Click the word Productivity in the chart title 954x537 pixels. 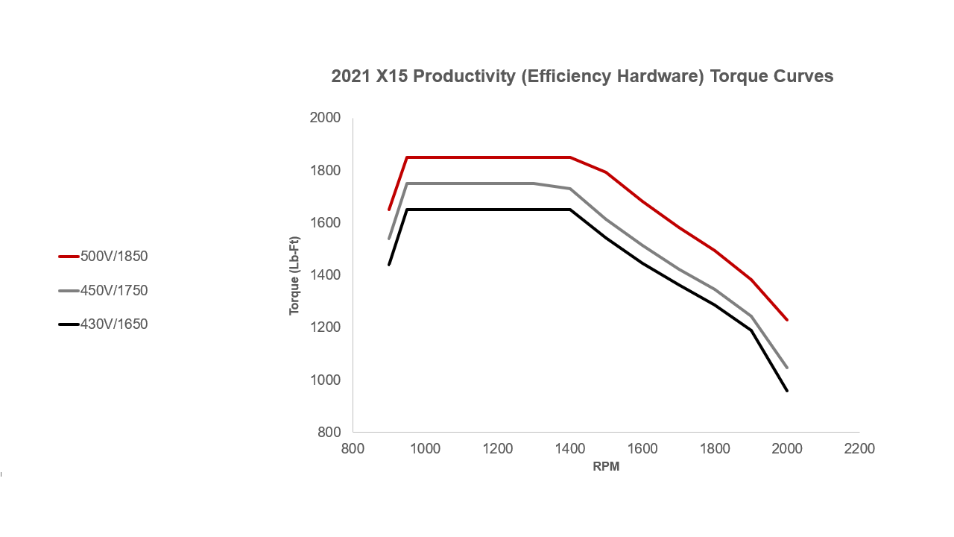click(x=460, y=77)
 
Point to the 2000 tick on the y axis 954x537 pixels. click(x=324, y=118)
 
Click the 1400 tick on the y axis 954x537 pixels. click(x=324, y=275)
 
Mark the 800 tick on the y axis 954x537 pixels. click(x=327, y=433)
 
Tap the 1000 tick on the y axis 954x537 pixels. click(x=324, y=380)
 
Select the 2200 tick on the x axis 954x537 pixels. click(x=859, y=449)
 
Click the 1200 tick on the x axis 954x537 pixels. click(x=497, y=449)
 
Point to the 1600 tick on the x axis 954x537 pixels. click(x=642, y=449)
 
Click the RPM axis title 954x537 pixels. click(x=606, y=468)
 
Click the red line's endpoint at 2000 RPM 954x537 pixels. click(x=787, y=320)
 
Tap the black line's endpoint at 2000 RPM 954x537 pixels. click(x=787, y=391)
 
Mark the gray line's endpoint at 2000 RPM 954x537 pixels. click(x=787, y=368)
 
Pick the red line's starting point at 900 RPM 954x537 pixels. click(x=389, y=210)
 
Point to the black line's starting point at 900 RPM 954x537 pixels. click(x=389, y=265)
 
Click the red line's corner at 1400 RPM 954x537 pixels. click(x=570, y=157)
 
